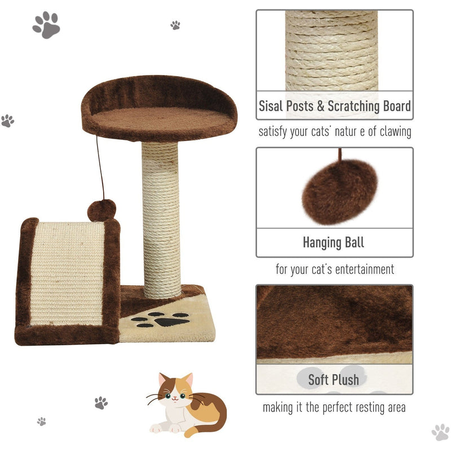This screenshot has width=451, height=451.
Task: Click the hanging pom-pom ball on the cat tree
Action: point(101,210)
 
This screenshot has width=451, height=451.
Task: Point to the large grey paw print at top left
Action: point(46,25)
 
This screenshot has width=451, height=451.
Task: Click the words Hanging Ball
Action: point(334,243)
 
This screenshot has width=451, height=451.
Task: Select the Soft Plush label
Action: point(334,379)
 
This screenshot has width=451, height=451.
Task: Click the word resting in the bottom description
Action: point(353,407)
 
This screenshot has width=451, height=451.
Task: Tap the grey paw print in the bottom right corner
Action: point(440,432)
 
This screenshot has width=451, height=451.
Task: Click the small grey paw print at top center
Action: point(175,25)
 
